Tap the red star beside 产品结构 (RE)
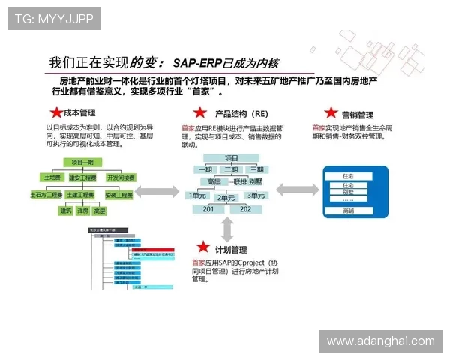(x=199, y=113)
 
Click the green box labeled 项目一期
(x=87, y=162)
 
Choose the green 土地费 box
(x=54, y=178)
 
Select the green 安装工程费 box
(x=119, y=195)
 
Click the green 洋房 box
(x=83, y=211)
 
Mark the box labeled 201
(x=209, y=209)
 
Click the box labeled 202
(x=246, y=209)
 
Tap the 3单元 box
(x=257, y=195)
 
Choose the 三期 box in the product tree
(x=257, y=169)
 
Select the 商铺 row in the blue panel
(x=349, y=211)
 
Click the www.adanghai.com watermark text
(x=381, y=340)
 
